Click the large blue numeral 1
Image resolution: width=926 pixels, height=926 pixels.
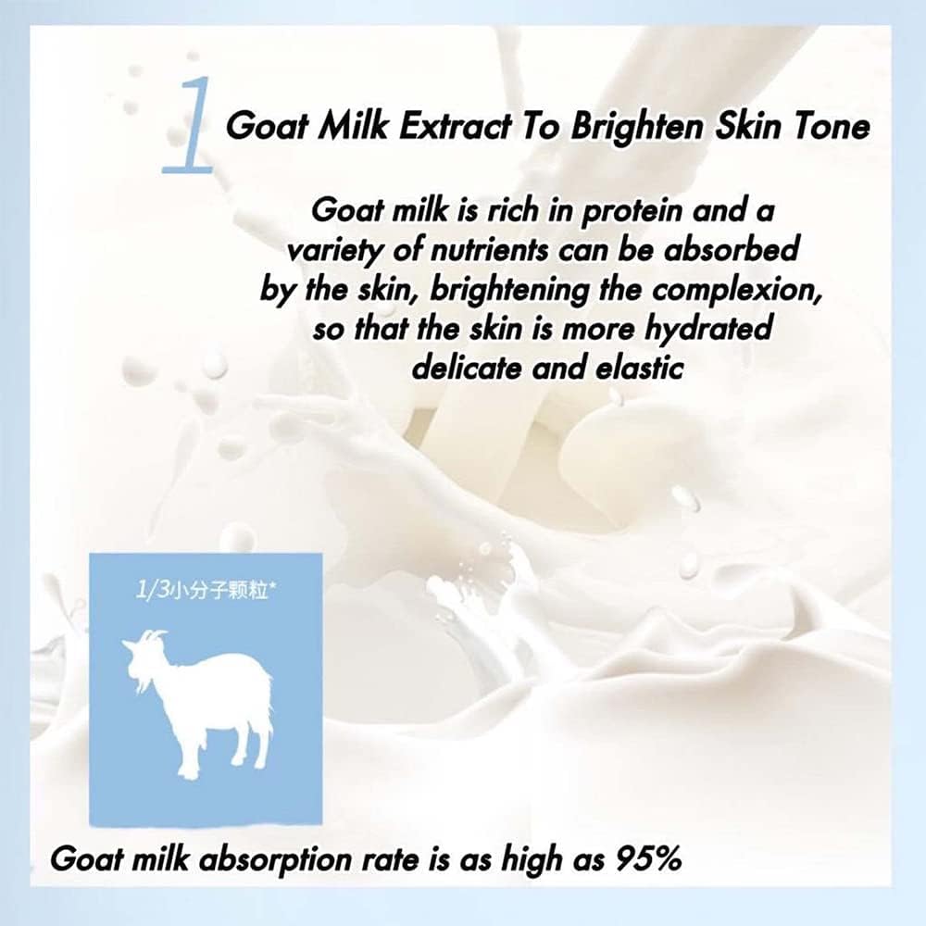click(189, 126)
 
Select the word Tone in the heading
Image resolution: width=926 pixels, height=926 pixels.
click(830, 126)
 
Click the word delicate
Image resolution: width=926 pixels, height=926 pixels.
click(467, 369)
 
